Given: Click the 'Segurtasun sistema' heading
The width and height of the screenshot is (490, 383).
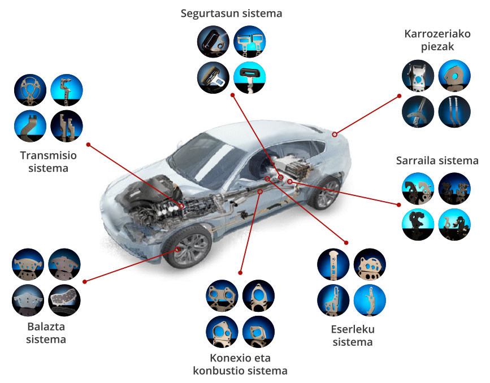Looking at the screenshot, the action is (x=231, y=14).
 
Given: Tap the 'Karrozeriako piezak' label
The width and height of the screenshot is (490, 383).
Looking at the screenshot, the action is (x=437, y=40).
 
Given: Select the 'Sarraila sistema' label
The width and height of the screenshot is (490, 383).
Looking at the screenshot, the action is (x=437, y=160).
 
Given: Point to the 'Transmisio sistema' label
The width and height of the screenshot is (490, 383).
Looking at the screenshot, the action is (x=48, y=162).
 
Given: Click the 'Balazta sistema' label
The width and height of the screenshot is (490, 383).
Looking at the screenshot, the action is (x=46, y=333).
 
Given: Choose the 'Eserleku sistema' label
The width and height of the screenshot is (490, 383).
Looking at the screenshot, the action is (x=353, y=336).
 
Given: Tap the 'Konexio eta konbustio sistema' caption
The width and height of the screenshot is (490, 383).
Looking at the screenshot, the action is (x=240, y=364).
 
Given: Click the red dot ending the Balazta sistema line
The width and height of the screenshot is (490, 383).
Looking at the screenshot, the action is (x=84, y=281).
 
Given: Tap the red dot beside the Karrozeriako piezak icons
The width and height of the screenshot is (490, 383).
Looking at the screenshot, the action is (x=399, y=96).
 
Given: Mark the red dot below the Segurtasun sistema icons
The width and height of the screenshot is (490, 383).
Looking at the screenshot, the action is (x=232, y=95).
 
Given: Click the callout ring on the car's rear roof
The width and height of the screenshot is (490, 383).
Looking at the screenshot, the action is (x=335, y=134).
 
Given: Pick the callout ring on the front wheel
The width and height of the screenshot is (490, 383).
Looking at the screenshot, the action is (x=177, y=249).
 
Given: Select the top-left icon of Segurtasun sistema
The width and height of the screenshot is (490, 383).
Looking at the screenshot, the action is (x=213, y=42).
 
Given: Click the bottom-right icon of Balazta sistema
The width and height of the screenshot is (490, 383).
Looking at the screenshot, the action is (x=64, y=301).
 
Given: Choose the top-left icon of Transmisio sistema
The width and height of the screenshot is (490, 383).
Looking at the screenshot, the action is (x=31, y=90).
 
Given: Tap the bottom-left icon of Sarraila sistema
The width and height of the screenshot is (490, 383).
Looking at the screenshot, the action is (x=418, y=224).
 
